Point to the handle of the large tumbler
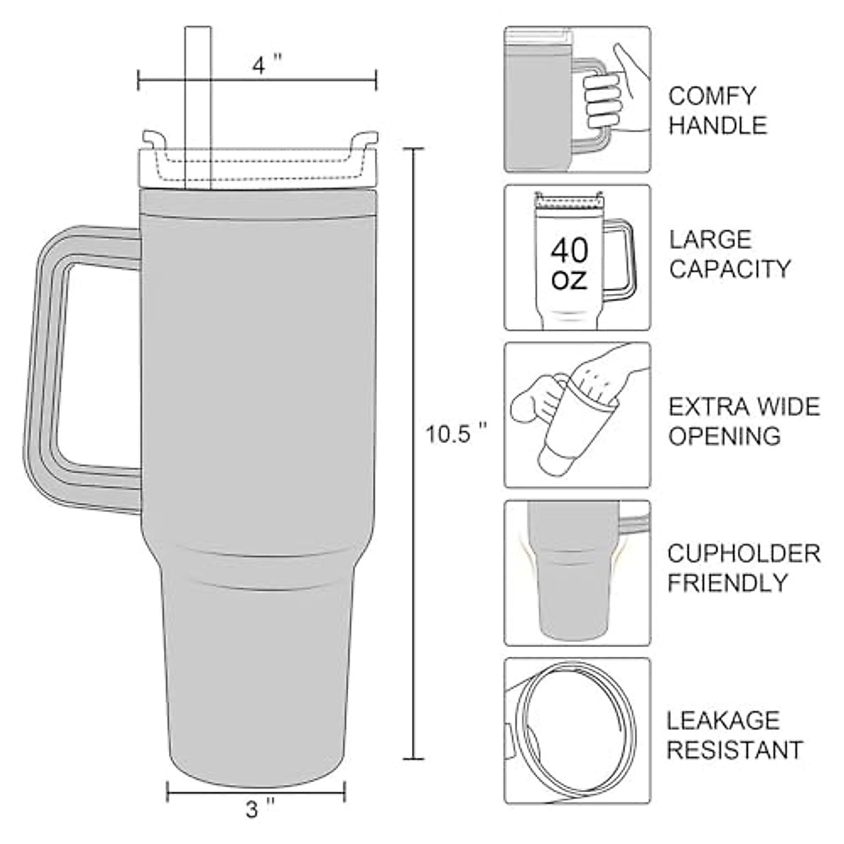pos(67,366)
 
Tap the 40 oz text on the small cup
pos(569,264)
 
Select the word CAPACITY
pos(729,269)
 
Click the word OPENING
pos(724,436)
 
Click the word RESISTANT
pos(734,750)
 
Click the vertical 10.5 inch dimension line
pos(414,450)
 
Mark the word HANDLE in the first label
pos(717,126)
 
